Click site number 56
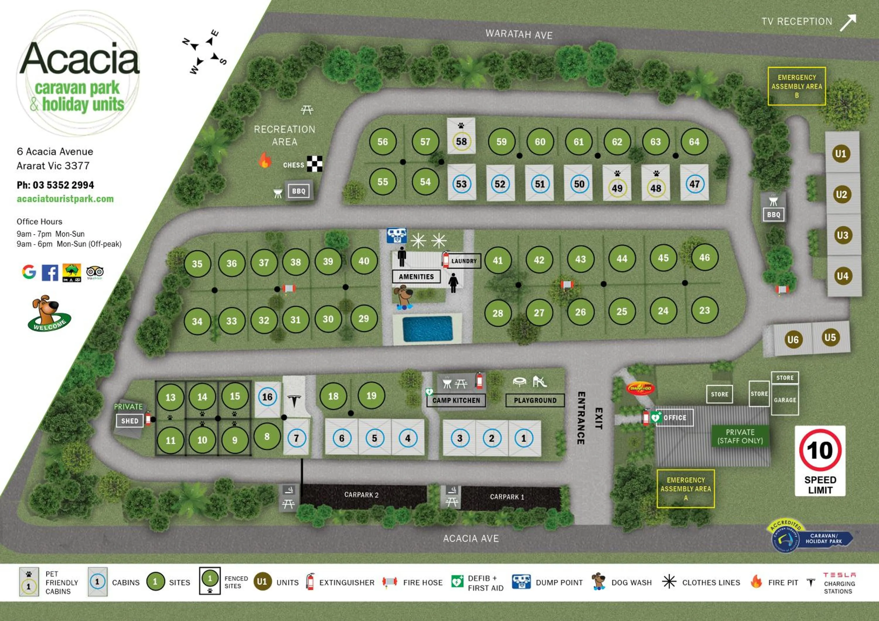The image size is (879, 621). (x=382, y=142)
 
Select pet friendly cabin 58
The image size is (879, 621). (x=461, y=141)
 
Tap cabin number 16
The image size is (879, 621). (x=267, y=397)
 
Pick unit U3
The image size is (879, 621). (x=842, y=235)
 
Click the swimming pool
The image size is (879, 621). (x=427, y=329)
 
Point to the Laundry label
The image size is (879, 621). (x=464, y=261)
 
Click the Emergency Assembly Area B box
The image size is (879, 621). (x=796, y=86)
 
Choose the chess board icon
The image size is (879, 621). (x=314, y=164)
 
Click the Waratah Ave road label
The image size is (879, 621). (x=519, y=35)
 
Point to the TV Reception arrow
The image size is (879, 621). (x=848, y=23)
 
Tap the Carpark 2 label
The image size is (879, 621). (x=361, y=495)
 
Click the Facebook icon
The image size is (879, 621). (x=50, y=273)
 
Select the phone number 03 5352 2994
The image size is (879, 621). (x=63, y=185)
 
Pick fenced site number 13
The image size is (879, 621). (x=170, y=397)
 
